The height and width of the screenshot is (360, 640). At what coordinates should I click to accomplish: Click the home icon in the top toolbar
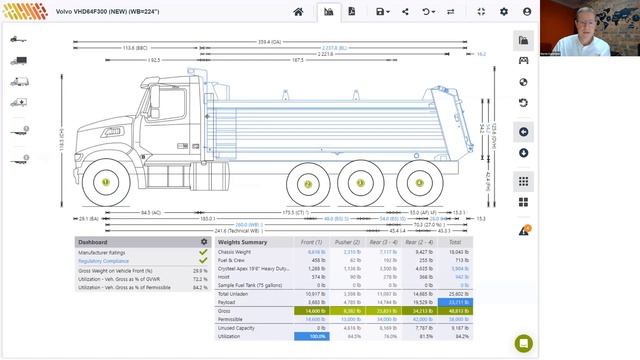[298, 11]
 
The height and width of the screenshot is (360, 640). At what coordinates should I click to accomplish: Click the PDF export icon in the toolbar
[352, 11]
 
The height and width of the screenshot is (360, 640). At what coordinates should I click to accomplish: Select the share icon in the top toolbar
[405, 11]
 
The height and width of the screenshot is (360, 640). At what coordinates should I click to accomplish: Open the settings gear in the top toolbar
[503, 11]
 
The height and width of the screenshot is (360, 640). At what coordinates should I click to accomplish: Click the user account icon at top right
[527, 11]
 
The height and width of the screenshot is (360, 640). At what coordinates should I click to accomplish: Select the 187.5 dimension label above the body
[298, 60]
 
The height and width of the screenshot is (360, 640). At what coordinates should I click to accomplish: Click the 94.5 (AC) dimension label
[150, 212]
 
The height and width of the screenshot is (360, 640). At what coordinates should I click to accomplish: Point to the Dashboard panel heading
[93, 242]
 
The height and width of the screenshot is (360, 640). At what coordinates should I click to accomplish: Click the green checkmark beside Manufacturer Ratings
[203, 252]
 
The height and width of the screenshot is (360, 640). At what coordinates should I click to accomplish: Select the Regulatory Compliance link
[105, 261]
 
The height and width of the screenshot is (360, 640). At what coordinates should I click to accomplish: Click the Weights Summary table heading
[242, 242]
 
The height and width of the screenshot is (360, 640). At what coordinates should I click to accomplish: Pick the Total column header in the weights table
[455, 242]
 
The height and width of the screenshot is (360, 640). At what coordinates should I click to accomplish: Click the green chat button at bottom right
[523, 343]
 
